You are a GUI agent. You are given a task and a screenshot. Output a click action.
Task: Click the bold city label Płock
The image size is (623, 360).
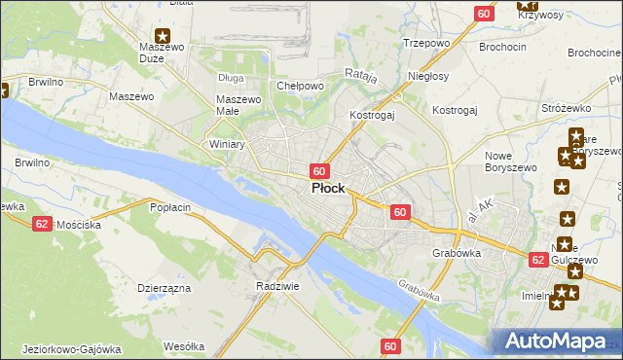point(327,189)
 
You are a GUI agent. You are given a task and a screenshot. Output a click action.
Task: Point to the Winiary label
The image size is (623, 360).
point(227,144)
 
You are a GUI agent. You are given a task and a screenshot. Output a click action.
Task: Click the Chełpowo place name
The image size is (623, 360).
point(300,86)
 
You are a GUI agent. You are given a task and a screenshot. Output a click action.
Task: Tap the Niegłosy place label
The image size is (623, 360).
point(429,75)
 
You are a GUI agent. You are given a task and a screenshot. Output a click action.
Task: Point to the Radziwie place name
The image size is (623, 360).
point(275,286)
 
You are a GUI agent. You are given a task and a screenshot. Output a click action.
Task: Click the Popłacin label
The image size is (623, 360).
point(169,207)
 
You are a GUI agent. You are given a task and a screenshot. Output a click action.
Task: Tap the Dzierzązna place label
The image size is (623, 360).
point(164,288)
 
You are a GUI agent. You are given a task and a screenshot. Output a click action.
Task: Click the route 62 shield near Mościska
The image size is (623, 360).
point(42,223)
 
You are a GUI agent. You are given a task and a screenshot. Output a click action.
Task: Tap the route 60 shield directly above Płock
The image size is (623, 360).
point(319,170)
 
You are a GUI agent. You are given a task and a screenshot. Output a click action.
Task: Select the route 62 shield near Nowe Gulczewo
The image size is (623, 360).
point(538,260)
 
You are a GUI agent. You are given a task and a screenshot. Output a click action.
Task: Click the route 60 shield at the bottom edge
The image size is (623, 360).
point(390,345)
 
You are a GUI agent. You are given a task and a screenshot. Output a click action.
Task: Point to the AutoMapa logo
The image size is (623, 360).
point(558,342)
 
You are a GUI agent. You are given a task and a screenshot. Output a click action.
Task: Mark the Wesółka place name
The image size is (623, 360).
point(184,346)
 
